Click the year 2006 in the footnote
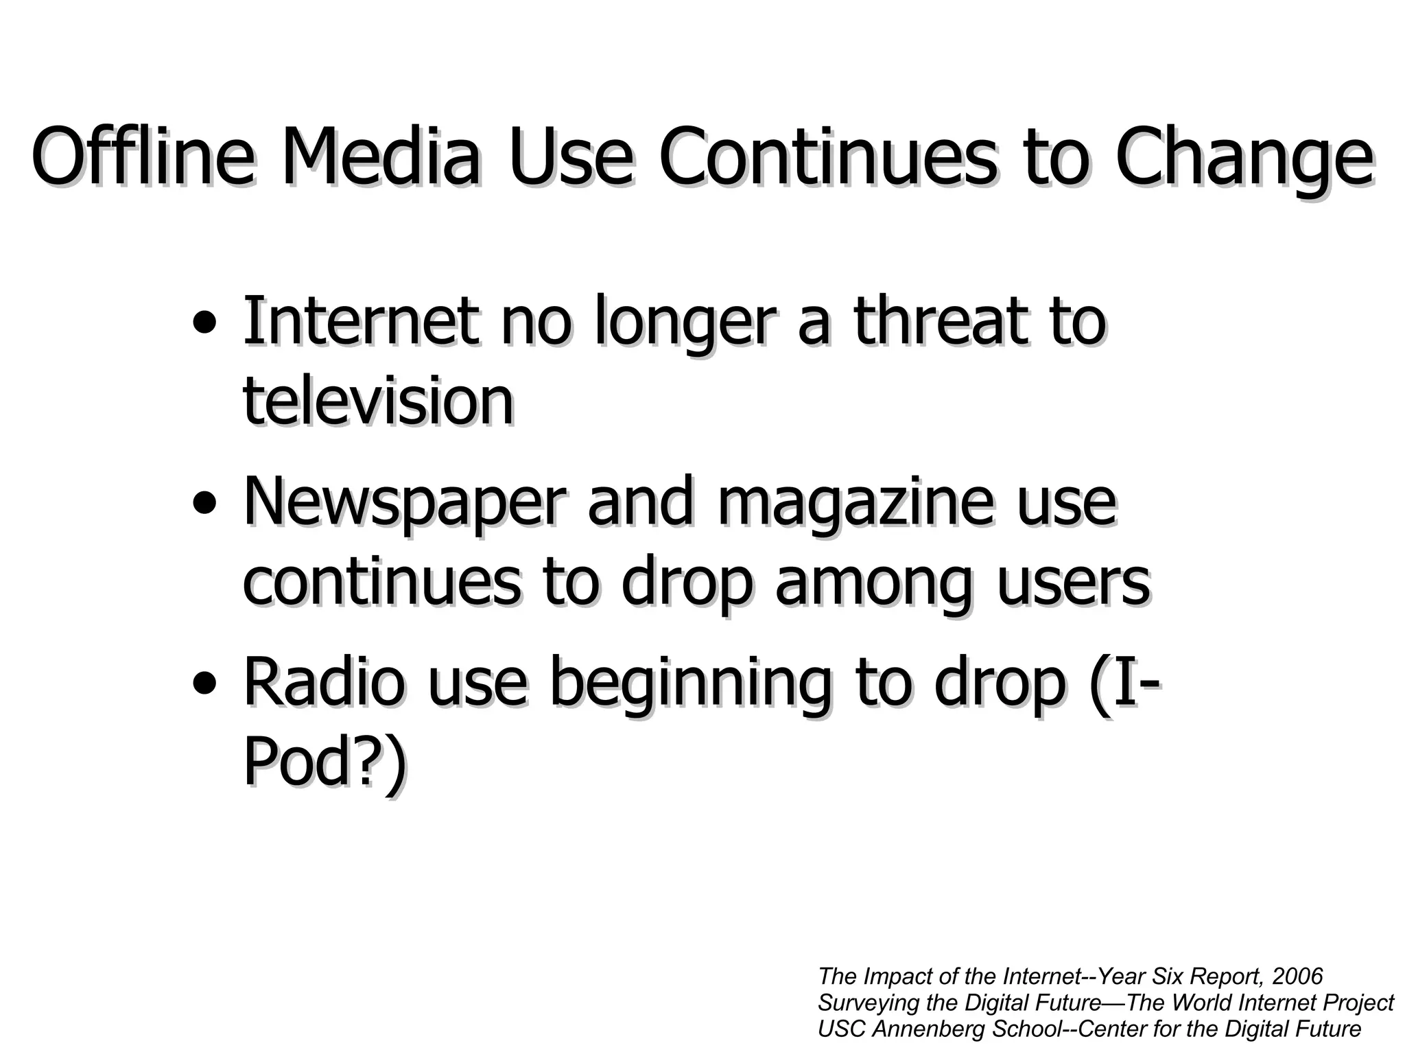[1297, 976]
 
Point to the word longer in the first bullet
[685, 323]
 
